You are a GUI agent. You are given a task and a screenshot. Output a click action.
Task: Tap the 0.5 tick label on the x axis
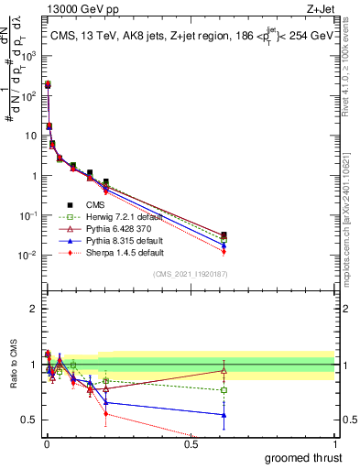coord(191,445)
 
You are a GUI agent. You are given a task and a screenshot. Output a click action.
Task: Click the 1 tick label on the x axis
coord(333,445)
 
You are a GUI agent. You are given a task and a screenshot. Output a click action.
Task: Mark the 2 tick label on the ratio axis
coord(33,309)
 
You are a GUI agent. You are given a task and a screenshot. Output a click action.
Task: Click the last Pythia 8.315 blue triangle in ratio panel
coord(224,415)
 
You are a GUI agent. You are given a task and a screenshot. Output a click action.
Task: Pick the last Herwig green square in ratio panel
coord(224,390)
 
